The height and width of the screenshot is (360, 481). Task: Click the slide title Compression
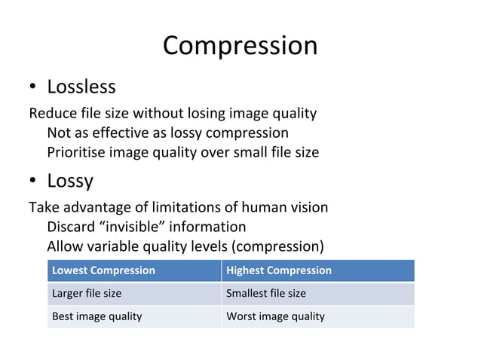pos(240,46)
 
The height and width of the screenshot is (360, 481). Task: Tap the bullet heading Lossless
pos(81,87)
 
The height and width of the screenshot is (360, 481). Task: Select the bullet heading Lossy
pos(70,181)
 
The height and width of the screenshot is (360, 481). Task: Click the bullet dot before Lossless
pos(34,87)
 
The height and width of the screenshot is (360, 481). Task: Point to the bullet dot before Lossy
pos(34,182)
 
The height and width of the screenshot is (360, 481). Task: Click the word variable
pos(114,246)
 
